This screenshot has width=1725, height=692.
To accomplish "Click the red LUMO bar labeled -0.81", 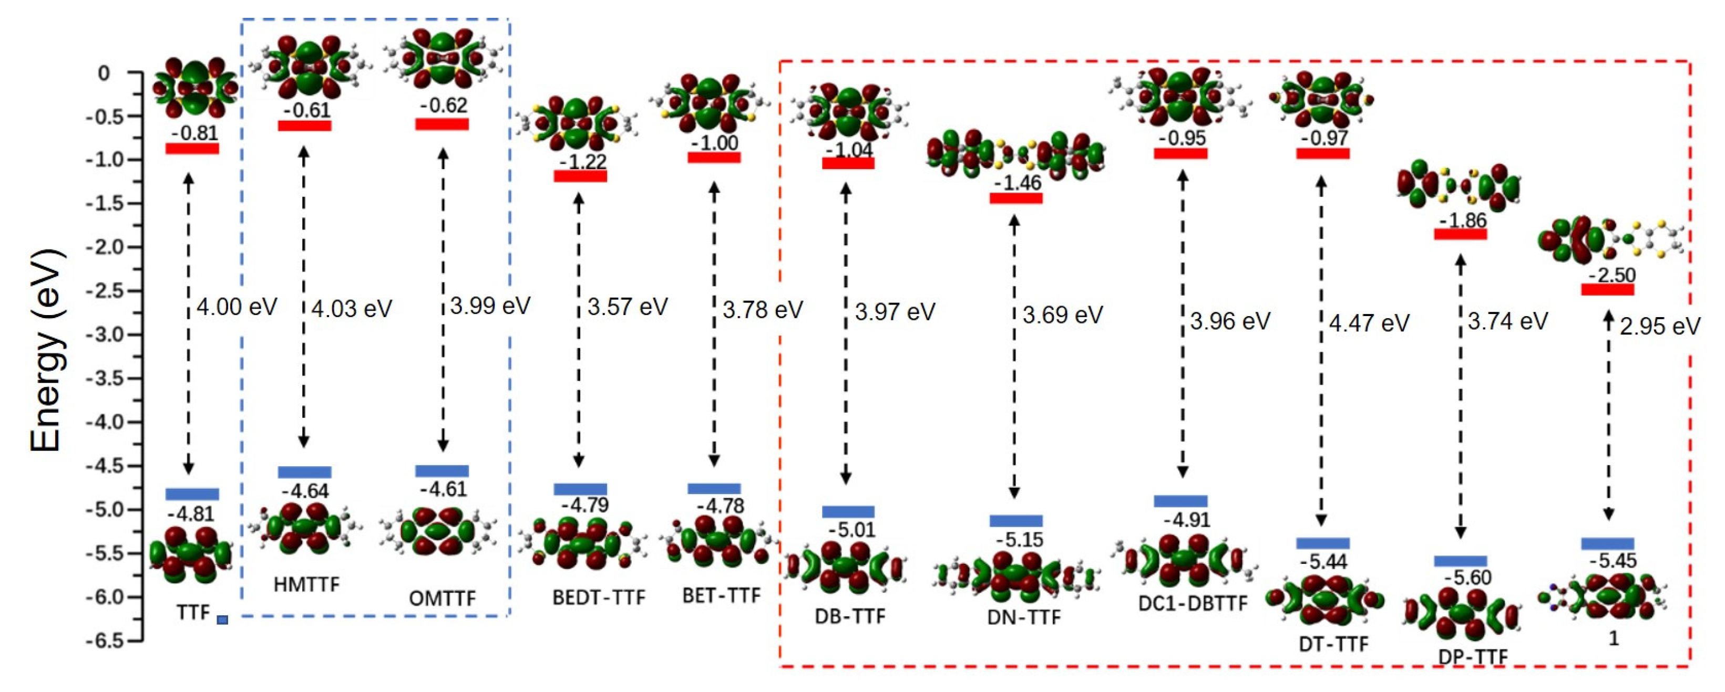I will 192,149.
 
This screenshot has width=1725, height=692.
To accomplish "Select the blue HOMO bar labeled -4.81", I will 192,495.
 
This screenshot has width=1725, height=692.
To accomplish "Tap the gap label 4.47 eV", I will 1369,324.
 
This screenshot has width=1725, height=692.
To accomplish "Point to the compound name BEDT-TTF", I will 599,597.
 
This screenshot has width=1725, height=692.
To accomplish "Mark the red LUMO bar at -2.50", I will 1608,289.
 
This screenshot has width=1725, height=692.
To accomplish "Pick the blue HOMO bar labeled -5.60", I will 1461,561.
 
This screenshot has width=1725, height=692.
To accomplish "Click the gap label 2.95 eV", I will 1660,327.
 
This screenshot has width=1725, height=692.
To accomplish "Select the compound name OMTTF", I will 443,597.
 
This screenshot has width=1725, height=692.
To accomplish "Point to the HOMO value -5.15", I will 1019,539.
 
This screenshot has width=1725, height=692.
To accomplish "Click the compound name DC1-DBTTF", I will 1193,604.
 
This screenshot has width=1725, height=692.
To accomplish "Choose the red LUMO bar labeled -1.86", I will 1461,234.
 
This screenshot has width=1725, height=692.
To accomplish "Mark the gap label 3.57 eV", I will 628,307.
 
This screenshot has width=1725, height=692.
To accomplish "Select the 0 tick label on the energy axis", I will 103,73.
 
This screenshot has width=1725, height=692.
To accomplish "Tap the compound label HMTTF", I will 307,585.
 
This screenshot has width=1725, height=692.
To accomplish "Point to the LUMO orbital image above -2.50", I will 1607,239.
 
